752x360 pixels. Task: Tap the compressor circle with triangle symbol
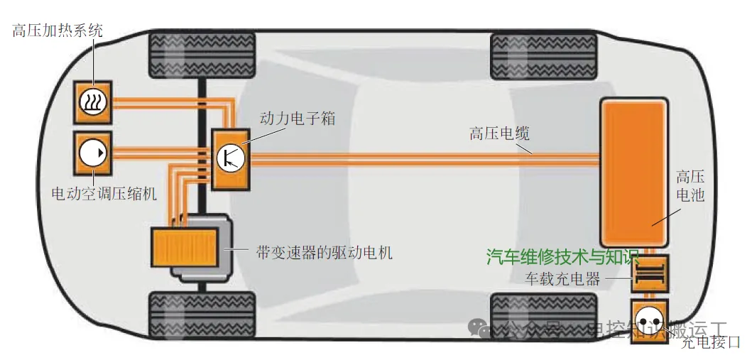pyautogui.click(x=93, y=153)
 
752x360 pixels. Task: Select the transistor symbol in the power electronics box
pyautogui.click(x=231, y=158)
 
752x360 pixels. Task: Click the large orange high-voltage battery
pyautogui.click(x=633, y=172)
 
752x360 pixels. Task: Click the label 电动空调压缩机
pyautogui.click(x=104, y=193)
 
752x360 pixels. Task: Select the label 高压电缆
pyautogui.click(x=499, y=133)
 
